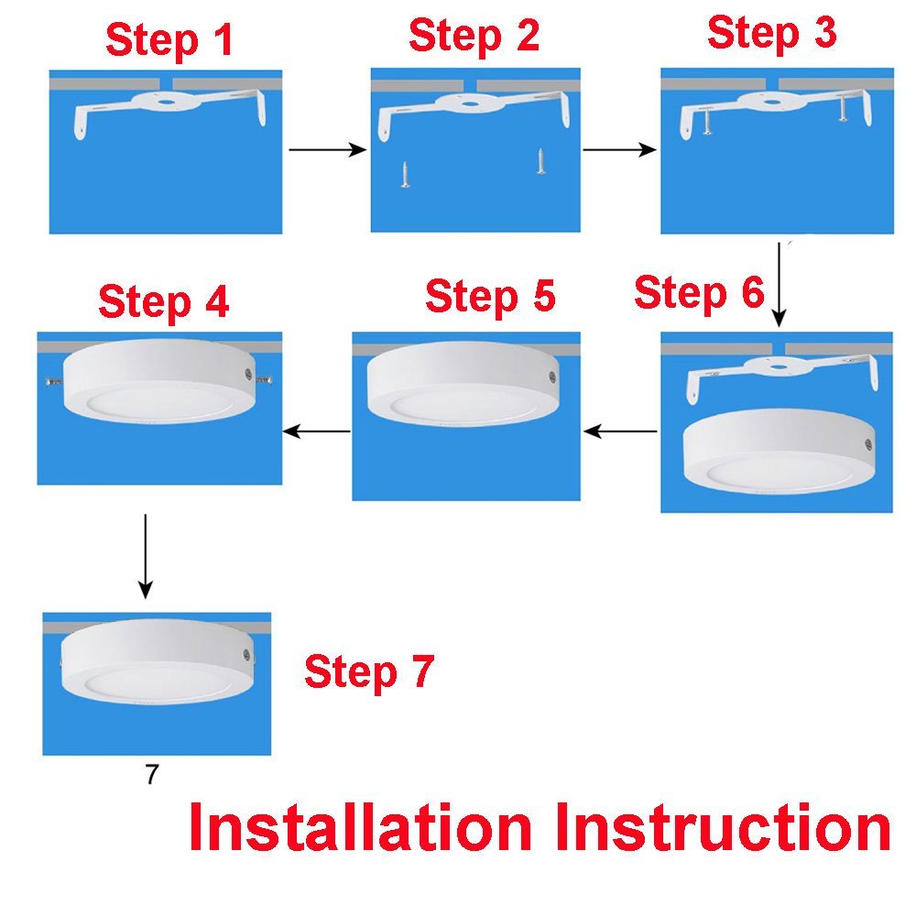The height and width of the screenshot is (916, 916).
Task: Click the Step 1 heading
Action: click(x=169, y=40)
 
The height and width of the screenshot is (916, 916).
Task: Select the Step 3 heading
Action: click(x=771, y=33)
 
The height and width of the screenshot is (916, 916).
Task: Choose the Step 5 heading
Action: click(x=490, y=297)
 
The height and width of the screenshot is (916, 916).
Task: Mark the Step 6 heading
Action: click(x=698, y=293)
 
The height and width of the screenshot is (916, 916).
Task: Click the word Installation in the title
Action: click(x=361, y=828)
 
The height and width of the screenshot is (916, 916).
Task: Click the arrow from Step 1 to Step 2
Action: click(x=327, y=149)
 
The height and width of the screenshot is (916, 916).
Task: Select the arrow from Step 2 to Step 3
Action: click(x=620, y=149)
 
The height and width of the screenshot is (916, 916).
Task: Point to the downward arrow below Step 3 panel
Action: click(x=779, y=284)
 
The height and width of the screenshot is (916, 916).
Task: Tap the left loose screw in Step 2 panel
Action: click(x=405, y=174)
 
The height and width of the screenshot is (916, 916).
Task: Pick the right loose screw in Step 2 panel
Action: click(x=540, y=162)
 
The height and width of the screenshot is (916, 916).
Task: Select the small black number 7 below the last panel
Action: click(x=151, y=774)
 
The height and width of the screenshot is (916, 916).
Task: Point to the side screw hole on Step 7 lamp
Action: click(x=246, y=655)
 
